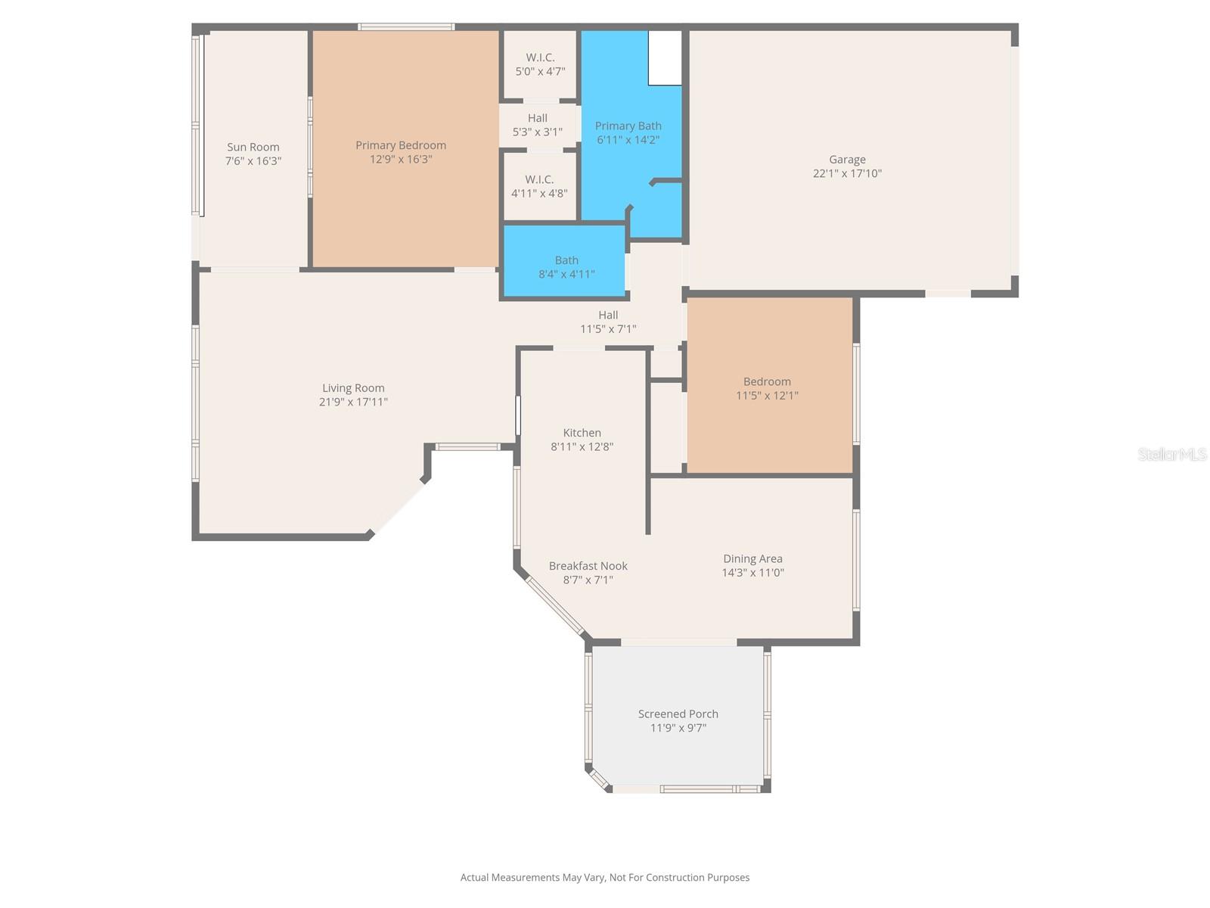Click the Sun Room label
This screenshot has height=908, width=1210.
(253, 147)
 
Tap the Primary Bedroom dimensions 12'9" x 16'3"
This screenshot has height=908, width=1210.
(401, 159)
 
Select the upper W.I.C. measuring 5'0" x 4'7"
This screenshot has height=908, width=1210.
(540, 64)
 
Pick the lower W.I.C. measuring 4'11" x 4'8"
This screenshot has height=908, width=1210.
(539, 186)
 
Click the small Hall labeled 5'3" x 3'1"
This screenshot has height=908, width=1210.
(538, 125)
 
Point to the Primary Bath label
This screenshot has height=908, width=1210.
(628, 126)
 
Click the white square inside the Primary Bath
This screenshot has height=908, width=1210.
(665, 58)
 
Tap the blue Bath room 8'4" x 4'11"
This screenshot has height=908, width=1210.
(566, 266)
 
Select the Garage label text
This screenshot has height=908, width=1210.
(847, 159)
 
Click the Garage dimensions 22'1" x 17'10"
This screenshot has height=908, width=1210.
(847, 173)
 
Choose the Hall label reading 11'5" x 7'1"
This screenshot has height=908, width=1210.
(608, 322)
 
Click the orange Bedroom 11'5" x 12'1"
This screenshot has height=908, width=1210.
(767, 388)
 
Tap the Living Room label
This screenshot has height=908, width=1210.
(353, 387)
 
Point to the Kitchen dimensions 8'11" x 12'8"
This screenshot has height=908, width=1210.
(582, 446)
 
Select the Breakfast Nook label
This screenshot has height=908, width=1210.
(588, 565)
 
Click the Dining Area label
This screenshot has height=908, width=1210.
(752, 558)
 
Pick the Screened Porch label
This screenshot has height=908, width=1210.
(678, 714)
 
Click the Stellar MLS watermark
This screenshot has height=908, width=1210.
(1171, 454)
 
